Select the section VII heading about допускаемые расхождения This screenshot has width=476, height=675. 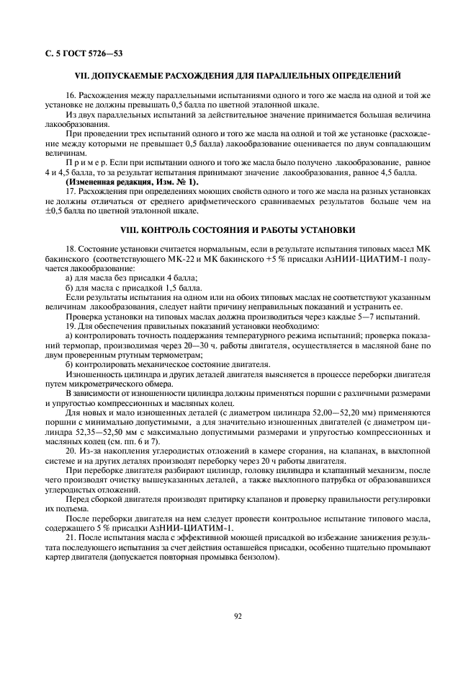(238, 76)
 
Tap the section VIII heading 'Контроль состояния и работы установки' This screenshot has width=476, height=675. (237, 230)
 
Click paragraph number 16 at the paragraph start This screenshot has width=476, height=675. (71, 95)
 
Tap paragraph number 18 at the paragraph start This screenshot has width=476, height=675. (71, 250)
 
